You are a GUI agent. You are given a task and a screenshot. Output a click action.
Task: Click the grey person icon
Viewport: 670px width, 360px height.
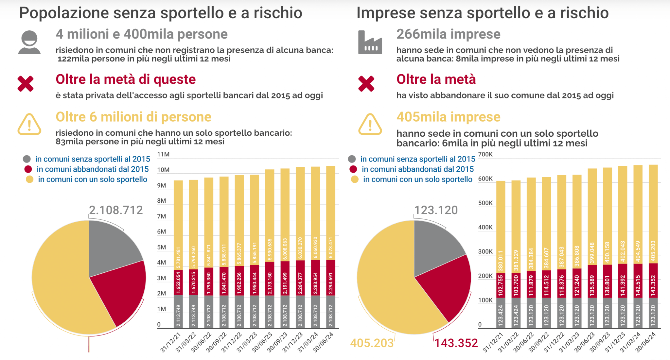(29, 43)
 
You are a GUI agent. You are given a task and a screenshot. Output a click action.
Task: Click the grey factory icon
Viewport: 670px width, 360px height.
(370, 43)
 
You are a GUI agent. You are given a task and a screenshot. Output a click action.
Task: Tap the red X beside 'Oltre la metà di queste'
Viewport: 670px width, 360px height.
(26, 83)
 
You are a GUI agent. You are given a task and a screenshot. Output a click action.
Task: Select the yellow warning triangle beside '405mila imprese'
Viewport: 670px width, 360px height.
(370, 125)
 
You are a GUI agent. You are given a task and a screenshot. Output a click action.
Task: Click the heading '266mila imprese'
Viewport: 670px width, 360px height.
(448, 34)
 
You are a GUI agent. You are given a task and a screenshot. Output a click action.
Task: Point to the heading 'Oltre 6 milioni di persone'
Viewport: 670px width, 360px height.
(133, 117)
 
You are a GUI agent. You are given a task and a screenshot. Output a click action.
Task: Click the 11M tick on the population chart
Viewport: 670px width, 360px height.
(163, 154)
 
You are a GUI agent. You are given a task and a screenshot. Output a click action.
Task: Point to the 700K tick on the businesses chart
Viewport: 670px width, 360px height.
(485, 154)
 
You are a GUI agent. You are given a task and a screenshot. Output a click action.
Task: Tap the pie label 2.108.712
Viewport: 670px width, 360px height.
(116, 210)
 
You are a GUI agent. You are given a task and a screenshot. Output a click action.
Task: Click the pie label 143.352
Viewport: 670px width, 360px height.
(456, 343)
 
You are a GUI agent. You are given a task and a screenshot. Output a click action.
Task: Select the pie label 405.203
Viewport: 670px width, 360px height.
(372, 343)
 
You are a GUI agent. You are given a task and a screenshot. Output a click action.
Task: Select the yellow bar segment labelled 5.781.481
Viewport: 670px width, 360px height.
(178, 226)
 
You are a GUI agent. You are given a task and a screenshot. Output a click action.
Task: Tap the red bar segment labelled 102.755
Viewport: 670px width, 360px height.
(501, 285)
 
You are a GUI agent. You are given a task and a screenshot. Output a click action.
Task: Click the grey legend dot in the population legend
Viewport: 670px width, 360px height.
(27, 159)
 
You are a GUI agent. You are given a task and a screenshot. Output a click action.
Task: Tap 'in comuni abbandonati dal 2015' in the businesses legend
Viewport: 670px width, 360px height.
(417, 169)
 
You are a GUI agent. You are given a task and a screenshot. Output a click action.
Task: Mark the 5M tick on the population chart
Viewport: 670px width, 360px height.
(162, 247)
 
